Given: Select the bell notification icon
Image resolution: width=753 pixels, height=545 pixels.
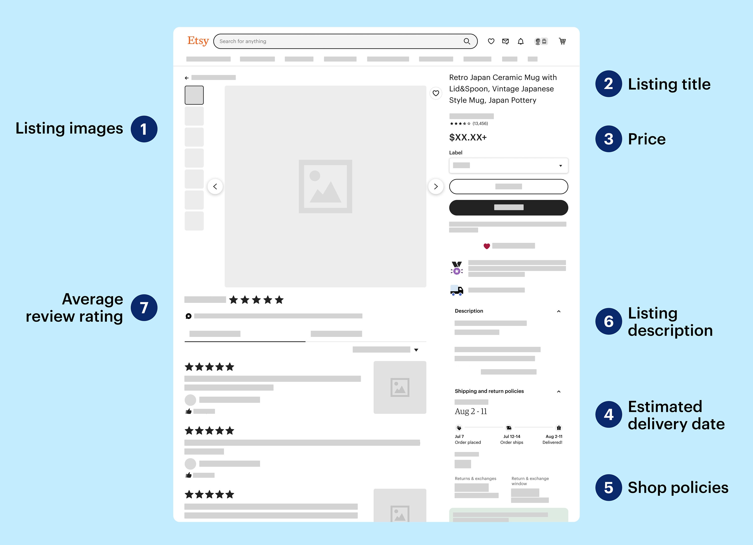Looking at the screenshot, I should click(x=521, y=41).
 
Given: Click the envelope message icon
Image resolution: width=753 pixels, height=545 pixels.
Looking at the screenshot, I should click(x=505, y=41).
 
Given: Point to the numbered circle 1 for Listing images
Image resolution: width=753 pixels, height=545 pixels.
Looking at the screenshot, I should click(x=144, y=129).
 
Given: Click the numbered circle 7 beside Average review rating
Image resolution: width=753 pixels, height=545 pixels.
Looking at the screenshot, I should click(x=144, y=308).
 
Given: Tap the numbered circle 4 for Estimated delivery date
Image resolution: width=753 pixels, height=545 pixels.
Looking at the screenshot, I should click(x=608, y=414).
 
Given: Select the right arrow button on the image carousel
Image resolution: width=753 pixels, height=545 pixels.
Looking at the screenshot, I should click(x=435, y=186).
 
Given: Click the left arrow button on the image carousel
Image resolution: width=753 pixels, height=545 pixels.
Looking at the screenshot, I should click(x=215, y=186).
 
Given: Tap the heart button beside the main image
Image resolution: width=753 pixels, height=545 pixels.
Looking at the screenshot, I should click(x=435, y=93).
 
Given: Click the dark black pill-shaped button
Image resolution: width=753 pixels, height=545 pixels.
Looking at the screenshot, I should click(x=508, y=207).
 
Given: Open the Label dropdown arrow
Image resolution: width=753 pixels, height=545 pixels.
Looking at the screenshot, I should click(x=560, y=166).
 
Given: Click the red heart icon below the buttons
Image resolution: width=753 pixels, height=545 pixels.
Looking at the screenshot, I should click(x=486, y=246).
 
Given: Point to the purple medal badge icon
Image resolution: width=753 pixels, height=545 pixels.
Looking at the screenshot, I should click(x=457, y=268).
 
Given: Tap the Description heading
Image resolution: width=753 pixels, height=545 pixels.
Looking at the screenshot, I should click(x=469, y=311).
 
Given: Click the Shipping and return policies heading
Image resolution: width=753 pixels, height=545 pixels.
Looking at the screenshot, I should click(x=489, y=391).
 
